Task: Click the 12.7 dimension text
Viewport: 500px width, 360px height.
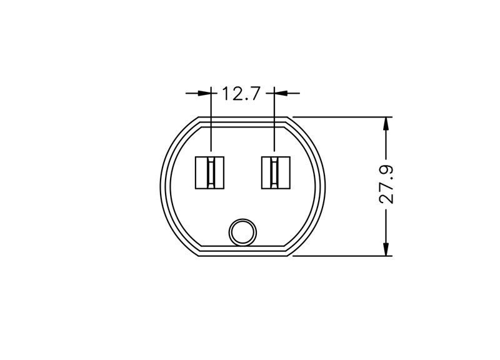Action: [241, 93]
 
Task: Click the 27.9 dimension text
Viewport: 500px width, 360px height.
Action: [386, 184]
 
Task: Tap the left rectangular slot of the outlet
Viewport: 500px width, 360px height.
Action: [209, 172]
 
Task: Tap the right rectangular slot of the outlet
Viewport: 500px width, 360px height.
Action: [276, 172]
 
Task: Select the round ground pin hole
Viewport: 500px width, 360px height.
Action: [242, 232]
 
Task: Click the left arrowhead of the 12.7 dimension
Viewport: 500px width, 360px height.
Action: [204, 93]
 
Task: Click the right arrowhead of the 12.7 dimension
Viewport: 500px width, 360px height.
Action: [281, 93]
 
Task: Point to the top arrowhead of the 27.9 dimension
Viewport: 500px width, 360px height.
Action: [386, 123]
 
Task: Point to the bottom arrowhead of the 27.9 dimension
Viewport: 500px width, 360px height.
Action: [386, 249]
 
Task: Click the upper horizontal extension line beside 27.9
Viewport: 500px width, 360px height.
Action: [342, 117]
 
